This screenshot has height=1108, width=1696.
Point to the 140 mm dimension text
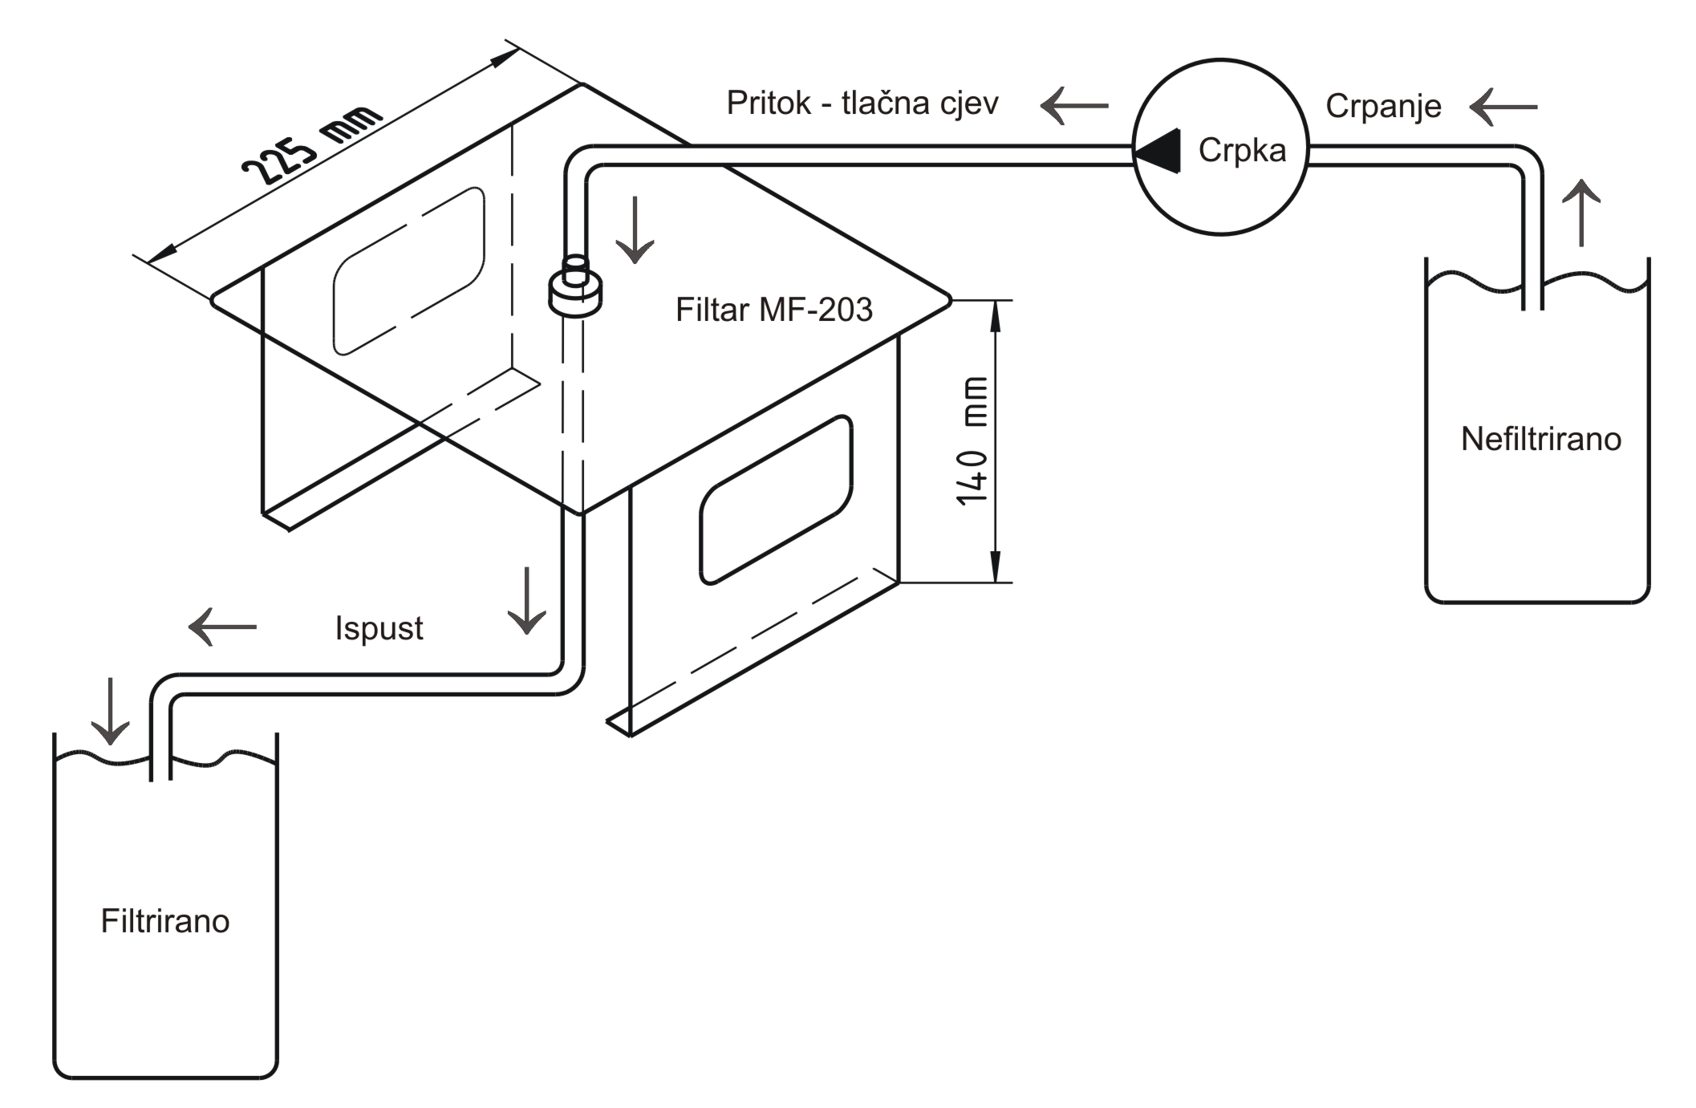tap(972, 440)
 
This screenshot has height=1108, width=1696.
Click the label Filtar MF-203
tap(774, 310)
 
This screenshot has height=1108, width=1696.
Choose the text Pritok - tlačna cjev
tap(862, 103)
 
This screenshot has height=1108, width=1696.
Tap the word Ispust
tap(379, 628)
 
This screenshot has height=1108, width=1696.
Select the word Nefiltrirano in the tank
tap(1541, 439)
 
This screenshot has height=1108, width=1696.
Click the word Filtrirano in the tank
tap(165, 921)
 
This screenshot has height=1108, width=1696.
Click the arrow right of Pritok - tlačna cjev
tap(1074, 105)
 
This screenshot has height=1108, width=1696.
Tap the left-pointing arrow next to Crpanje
tap(1503, 107)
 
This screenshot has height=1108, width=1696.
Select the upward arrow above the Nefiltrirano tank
tap(1581, 213)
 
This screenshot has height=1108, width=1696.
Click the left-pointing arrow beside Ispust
tap(222, 627)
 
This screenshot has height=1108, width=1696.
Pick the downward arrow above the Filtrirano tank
tap(110, 712)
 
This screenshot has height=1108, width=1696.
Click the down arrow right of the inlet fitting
tap(635, 229)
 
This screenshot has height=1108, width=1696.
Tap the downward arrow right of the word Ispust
tap(527, 601)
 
